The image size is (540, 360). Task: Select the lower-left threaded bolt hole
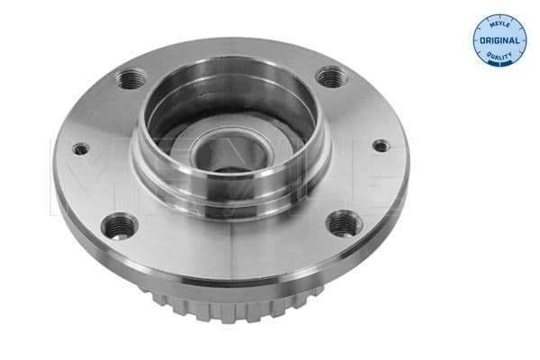(x=118, y=226)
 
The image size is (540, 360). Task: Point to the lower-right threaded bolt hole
(x=342, y=222)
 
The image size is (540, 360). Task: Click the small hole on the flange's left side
(x=81, y=149)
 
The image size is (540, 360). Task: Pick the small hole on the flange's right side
(x=382, y=145)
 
